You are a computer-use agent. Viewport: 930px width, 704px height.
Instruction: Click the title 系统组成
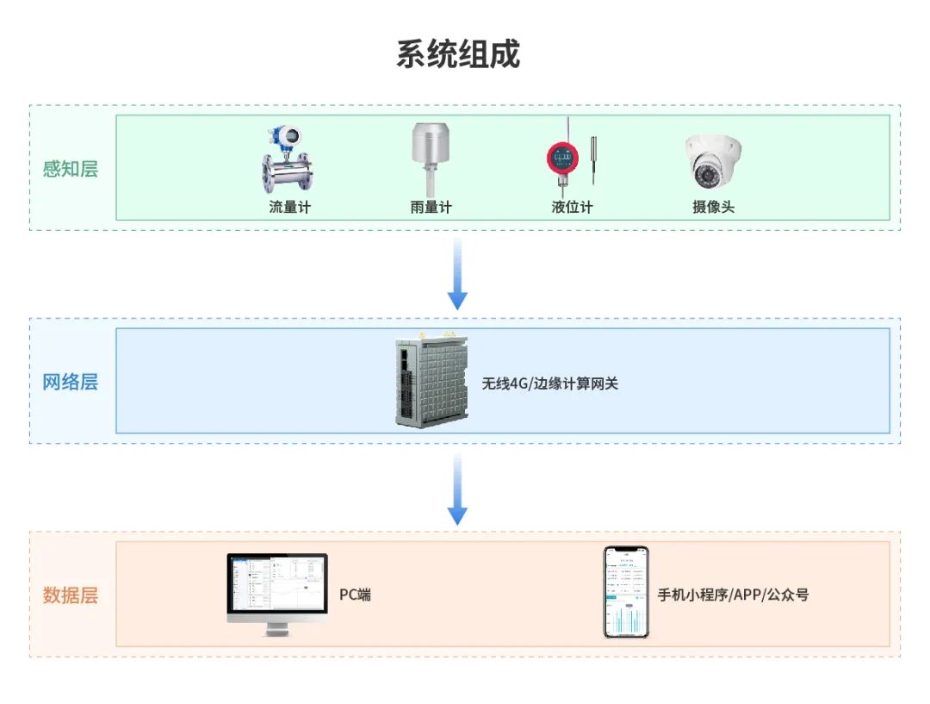tap(458, 54)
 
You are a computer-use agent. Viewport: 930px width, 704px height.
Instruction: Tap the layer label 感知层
tap(71, 168)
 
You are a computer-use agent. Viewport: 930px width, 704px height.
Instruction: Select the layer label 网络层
tap(71, 382)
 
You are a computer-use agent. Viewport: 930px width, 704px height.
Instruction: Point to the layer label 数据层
tap(71, 595)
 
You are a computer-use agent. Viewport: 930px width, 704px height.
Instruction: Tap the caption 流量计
tap(289, 207)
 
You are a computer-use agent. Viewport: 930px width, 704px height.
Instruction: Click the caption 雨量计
tap(431, 207)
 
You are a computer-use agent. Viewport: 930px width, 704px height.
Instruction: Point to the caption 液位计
tap(572, 207)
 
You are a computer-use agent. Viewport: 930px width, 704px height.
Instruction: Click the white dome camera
tap(713, 161)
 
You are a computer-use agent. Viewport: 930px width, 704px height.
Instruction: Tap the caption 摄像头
tap(713, 207)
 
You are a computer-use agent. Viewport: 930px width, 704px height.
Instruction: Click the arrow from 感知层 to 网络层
tap(457, 274)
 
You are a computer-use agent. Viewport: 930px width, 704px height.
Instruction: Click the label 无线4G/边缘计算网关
tap(549, 383)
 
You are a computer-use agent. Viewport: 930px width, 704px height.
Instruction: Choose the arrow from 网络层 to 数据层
tap(457, 489)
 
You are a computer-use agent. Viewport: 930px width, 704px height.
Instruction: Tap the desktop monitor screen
tap(277, 584)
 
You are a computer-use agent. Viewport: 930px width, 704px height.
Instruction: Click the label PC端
tap(355, 595)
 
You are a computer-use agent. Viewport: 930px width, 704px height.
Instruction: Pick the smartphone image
tap(626, 592)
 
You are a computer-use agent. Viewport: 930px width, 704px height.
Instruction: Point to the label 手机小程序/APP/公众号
tap(733, 595)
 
